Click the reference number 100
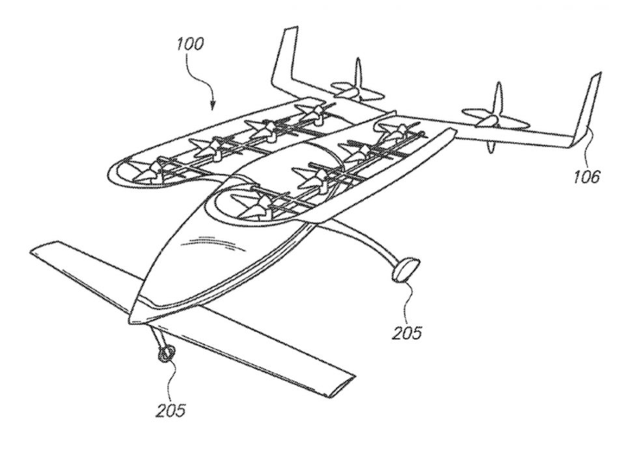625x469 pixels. click(x=191, y=44)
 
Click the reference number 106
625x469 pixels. click(x=586, y=176)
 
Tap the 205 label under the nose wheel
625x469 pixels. click(x=171, y=410)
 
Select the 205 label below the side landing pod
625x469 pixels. click(x=406, y=333)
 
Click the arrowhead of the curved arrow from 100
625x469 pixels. click(x=212, y=105)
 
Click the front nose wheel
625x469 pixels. click(x=167, y=353)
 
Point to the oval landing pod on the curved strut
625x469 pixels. click(x=406, y=270)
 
